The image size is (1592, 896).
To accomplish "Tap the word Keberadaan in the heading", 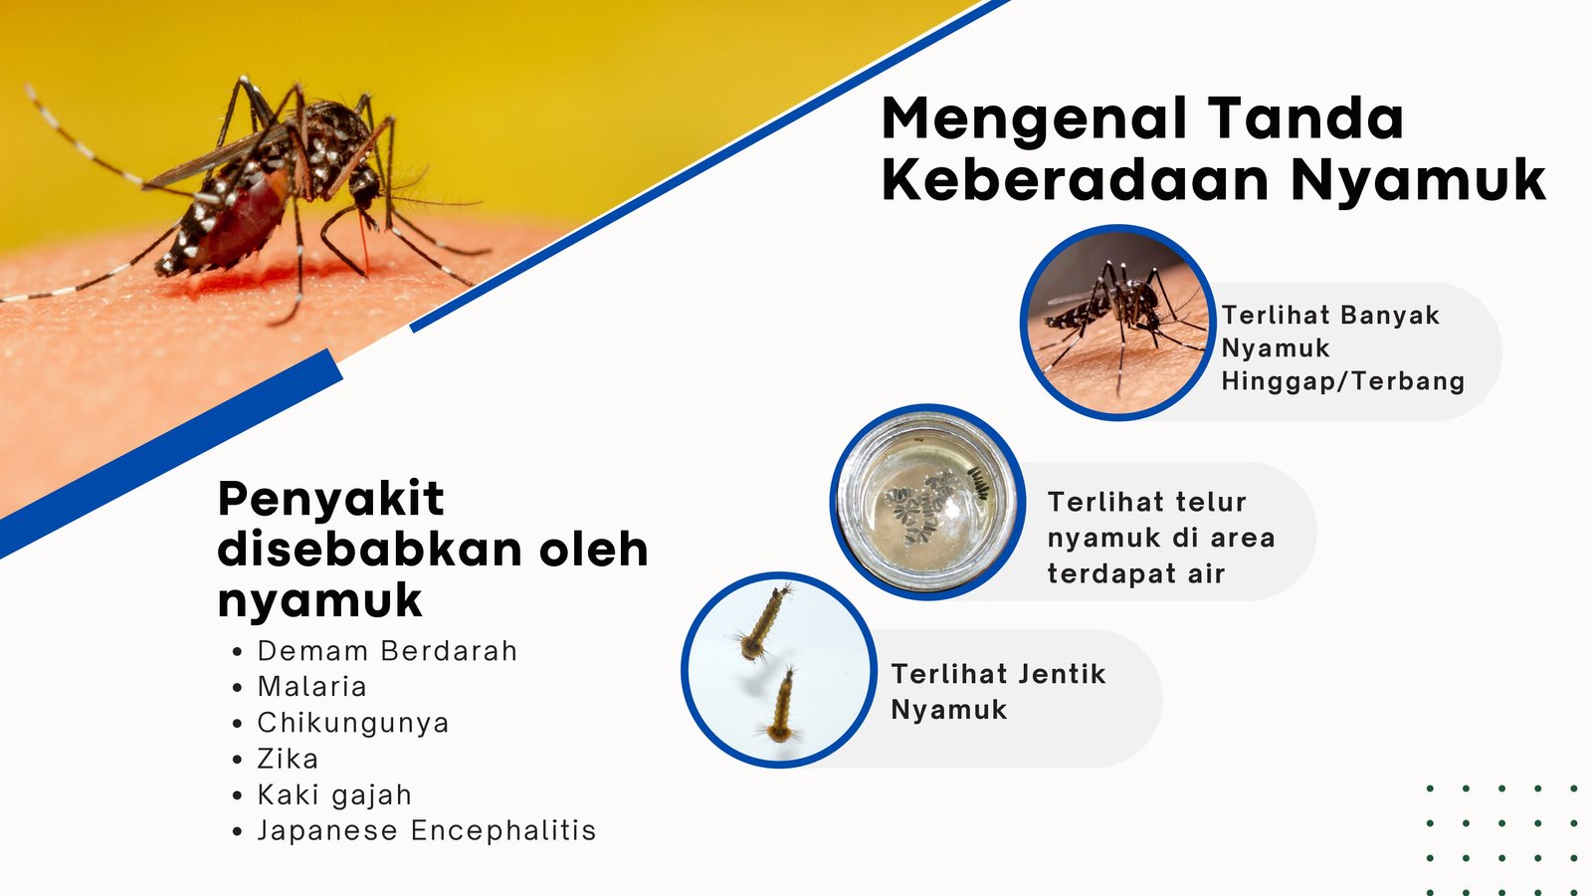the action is click(x=1076, y=180).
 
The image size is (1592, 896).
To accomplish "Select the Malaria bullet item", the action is click(x=312, y=687).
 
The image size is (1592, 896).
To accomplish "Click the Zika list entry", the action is click(x=288, y=759).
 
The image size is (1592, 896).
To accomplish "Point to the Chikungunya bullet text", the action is click(x=353, y=723).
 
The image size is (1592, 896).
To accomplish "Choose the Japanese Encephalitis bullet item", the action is click(x=427, y=830).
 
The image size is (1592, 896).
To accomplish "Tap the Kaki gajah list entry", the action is click(x=334, y=795).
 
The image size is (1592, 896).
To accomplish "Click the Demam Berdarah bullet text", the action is click(x=387, y=651).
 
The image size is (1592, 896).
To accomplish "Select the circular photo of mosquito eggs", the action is click(x=927, y=502).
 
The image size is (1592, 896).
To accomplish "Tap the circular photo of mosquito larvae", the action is click(x=779, y=670).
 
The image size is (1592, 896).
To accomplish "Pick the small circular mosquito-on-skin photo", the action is click(x=1117, y=323).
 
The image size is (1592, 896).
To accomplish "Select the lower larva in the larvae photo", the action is click(x=782, y=706).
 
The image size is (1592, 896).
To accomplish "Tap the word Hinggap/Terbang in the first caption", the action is click(x=1342, y=382).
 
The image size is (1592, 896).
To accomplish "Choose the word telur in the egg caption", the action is click(x=1210, y=502).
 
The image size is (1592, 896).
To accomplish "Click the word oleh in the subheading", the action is click(x=593, y=550).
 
